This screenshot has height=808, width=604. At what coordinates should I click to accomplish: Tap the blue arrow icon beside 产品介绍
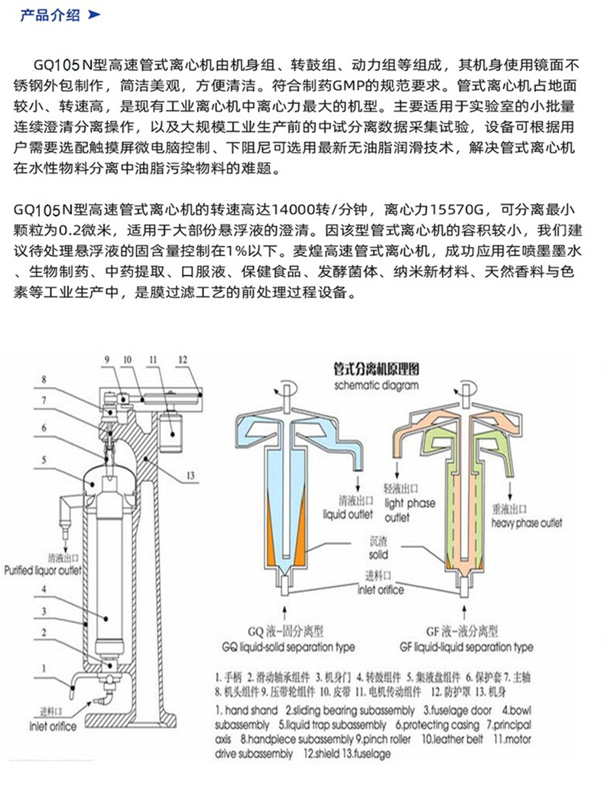pyautogui.click(x=94, y=15)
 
